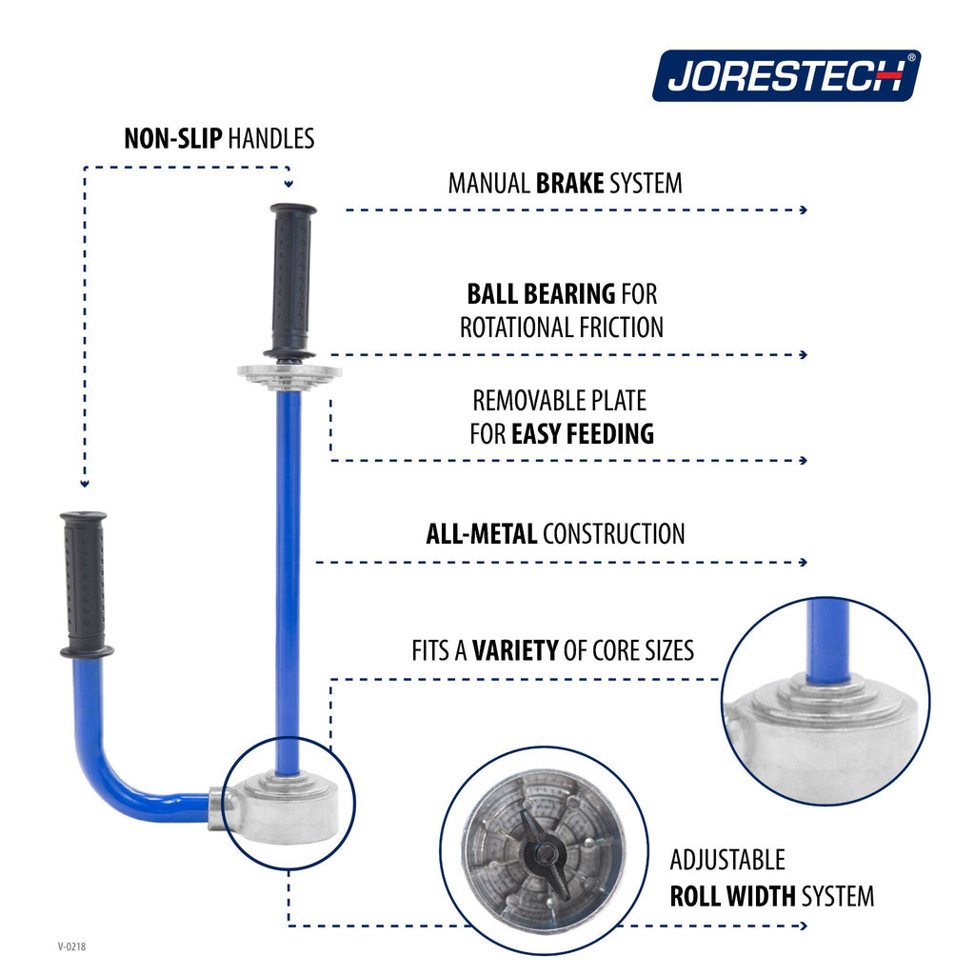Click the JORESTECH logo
[x=786, y=76]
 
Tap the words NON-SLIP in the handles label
[x=173, y=139]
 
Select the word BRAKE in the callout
[x=569, y=184]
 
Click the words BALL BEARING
[x=541, y=294]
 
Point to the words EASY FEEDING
[x=583, y=434]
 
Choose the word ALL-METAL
[x=481, y=534]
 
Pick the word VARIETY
[x=515, y=650]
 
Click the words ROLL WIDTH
[x=732, y=896]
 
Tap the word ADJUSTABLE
[x=727, y=860]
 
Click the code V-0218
[x=71, y=946]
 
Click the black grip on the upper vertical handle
[x=291, y=281]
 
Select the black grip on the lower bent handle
[x=85, y=585]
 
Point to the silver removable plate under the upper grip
[x=289, y=375]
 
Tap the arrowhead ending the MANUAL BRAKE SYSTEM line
[x=804, y=210]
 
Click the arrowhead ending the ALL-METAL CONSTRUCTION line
[x=804, y=562]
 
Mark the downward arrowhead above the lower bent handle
[x=85, y=483]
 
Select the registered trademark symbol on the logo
[x=911, y=58]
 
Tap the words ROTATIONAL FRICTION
[x=562, y=328]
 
